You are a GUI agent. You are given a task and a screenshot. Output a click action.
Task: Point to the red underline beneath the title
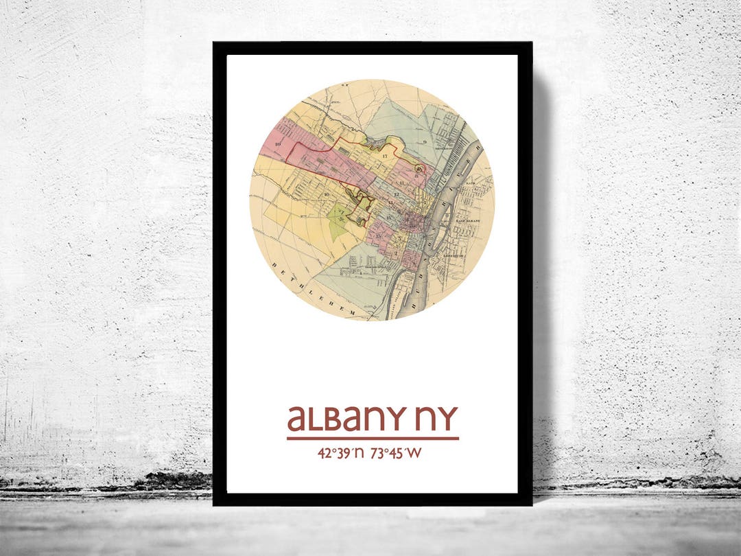click(x=373, y=438)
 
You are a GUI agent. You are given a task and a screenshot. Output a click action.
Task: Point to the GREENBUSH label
click(x=453, y=256)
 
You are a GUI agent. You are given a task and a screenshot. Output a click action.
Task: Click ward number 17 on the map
click(x=385, y=158)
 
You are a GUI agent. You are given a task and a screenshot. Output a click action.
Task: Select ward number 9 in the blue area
click(x=425, y=141)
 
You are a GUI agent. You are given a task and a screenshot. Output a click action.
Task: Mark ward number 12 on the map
click(x=397, y=195)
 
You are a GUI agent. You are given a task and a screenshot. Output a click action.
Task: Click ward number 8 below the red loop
click(x=416, y=176)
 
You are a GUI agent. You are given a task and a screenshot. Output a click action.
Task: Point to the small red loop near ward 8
click(x=420, y=167)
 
